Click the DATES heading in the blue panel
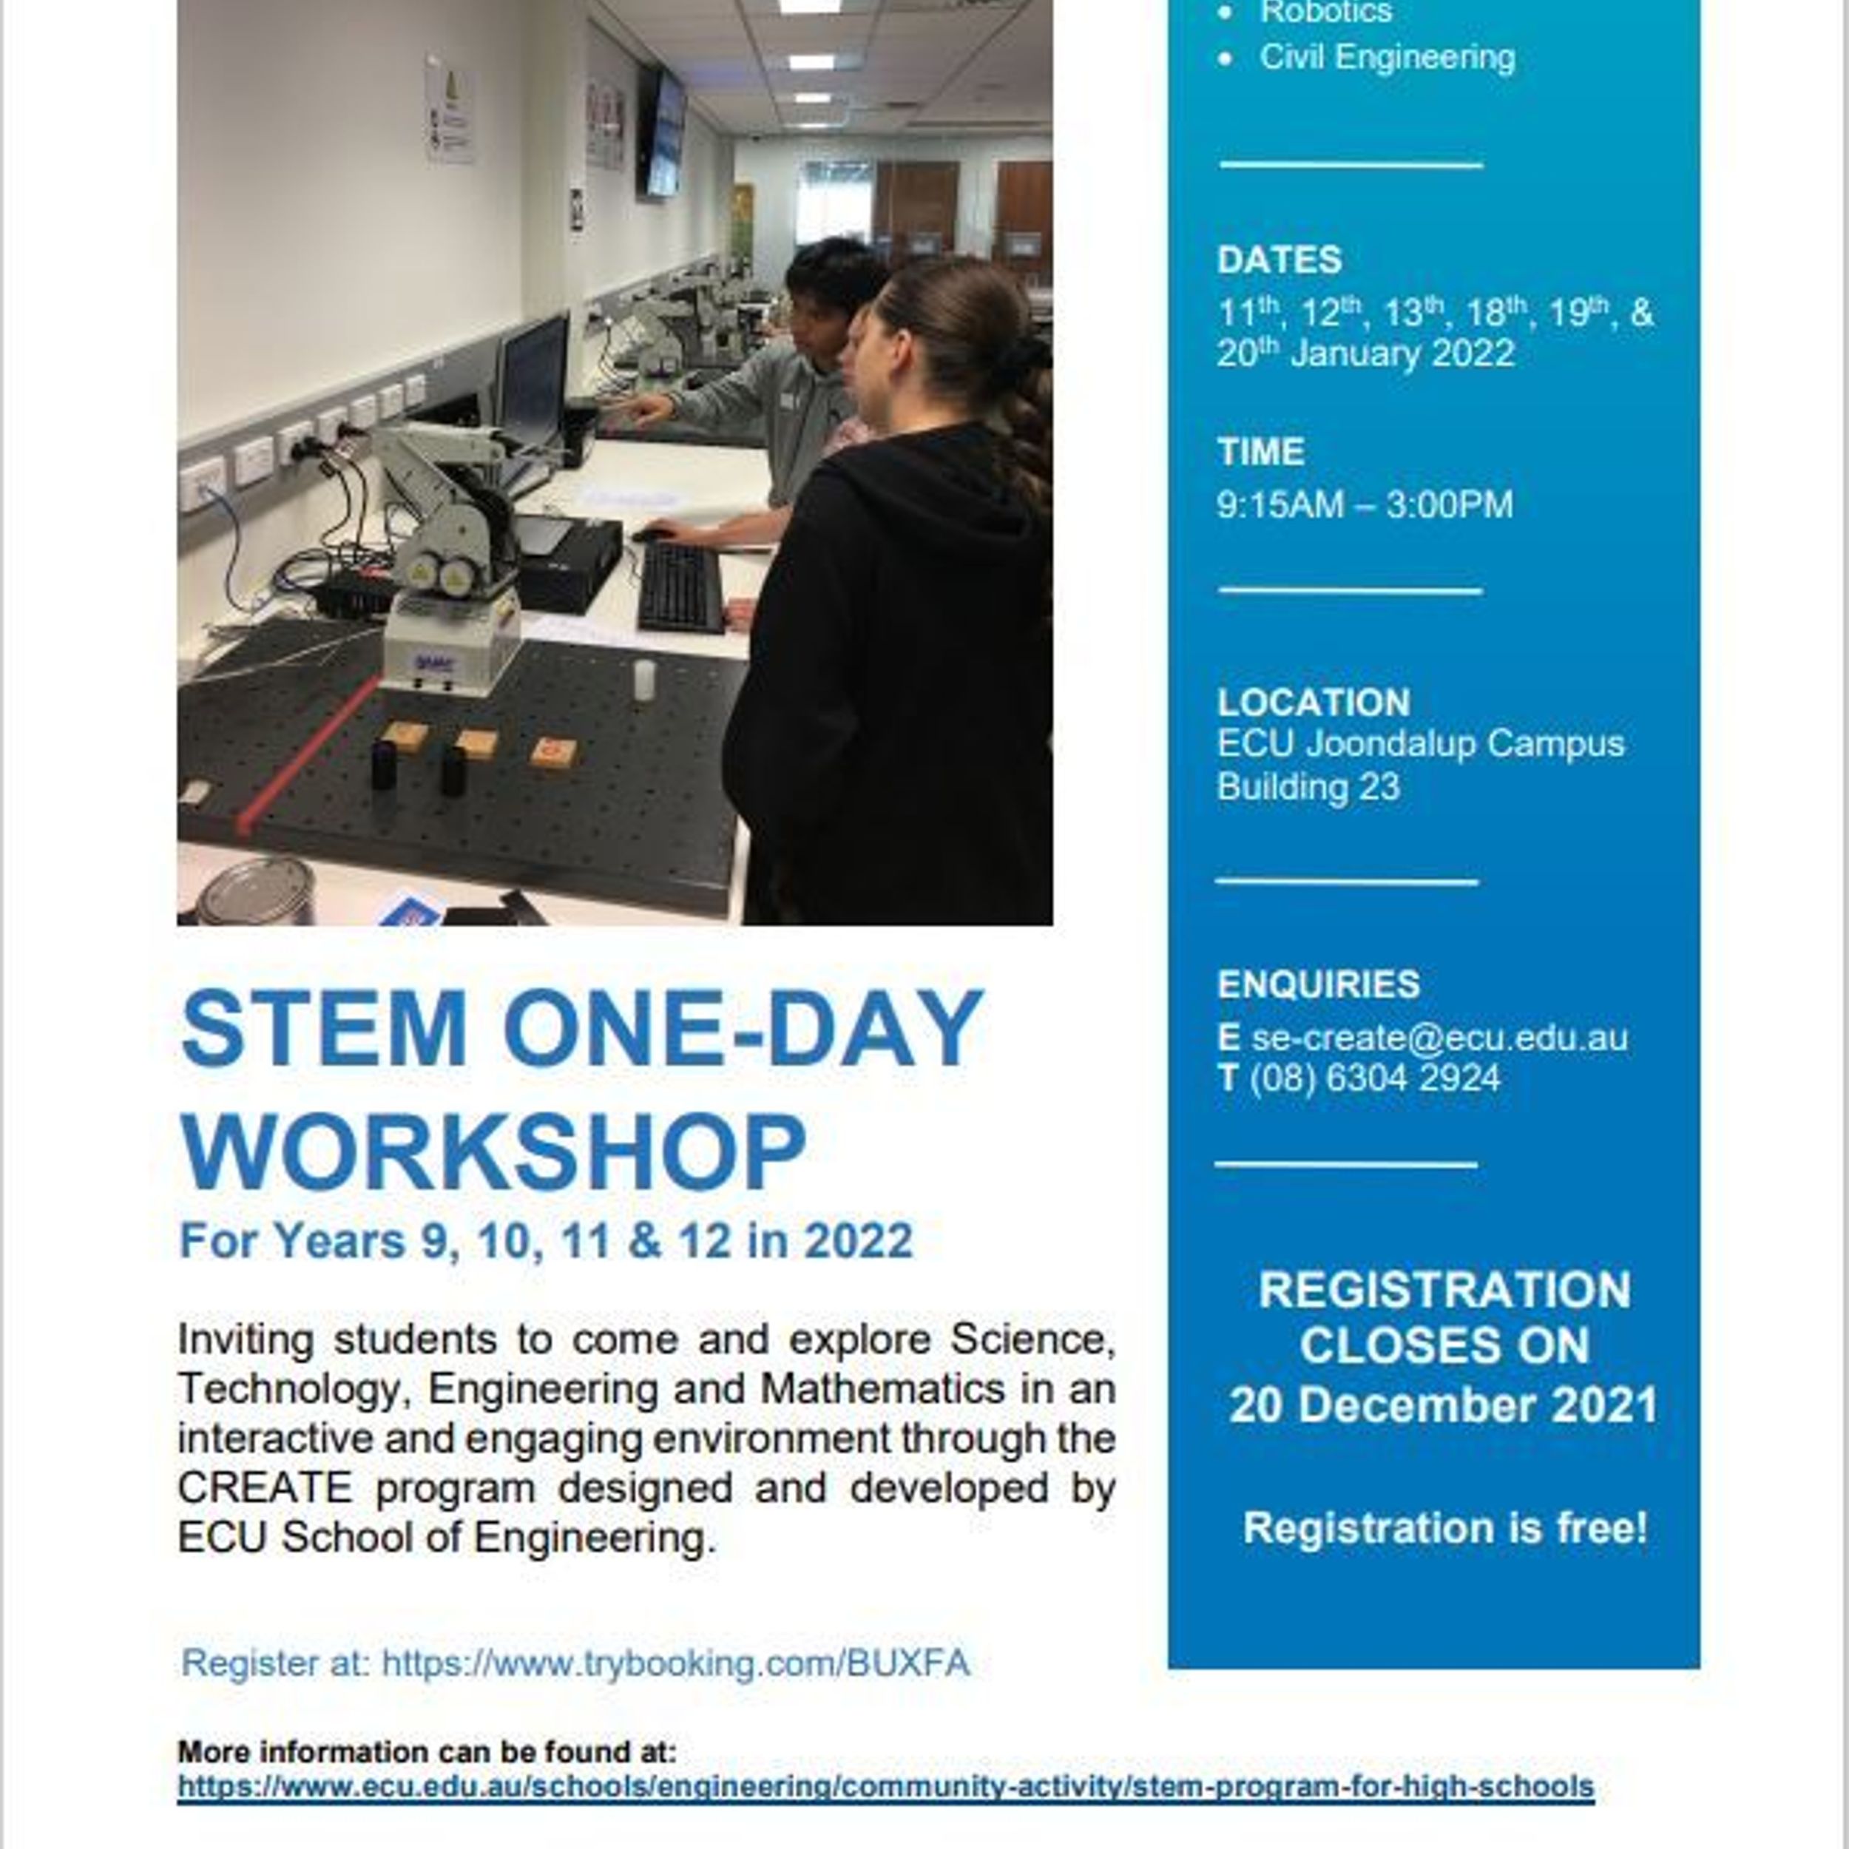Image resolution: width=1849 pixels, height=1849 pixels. [x=1280, y=260]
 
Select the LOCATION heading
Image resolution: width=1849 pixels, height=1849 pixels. [x=1313, y=703]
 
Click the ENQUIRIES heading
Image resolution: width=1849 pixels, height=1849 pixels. [x=1319, y=984]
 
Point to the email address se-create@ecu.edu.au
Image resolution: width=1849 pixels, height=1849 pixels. [x=1439, y=1038]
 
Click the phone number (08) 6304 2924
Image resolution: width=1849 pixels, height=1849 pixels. [x=1374, y=1078]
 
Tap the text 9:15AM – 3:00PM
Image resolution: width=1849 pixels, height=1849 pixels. [x=1365, y=504]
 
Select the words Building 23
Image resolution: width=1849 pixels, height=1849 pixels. [x=1308, y=787]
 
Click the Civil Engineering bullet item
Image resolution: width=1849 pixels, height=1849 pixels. [x=1387, y=58]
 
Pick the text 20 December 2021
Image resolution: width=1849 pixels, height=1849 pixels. [x=1443, y=1406]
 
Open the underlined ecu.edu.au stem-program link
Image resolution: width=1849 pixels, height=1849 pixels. [x=885, y=1786]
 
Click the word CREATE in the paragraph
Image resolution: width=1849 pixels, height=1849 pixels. [x=265, y=1487]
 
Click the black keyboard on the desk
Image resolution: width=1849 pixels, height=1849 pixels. [x=680, y=587]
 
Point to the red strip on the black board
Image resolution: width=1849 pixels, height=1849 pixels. [x=308, y=752]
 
